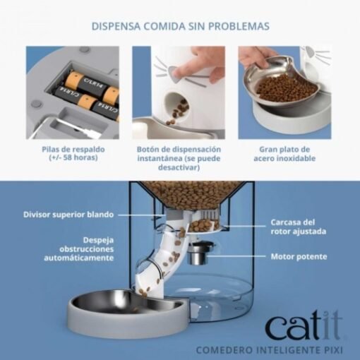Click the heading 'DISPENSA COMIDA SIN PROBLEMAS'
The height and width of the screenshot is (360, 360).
pos(181,26)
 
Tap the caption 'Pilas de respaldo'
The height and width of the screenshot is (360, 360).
pos(73,150)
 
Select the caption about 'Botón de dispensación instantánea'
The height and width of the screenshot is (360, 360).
pos(179,158)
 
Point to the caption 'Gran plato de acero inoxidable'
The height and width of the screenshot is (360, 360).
pos(284,154)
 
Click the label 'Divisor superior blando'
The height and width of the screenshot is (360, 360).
pos(68,215)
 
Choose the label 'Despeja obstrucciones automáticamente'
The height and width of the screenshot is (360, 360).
pos(79,249)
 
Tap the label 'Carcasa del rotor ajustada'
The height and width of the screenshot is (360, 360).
pos(299,227)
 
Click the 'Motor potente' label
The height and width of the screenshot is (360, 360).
pos(299,256)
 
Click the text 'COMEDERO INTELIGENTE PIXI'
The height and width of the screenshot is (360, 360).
pos(269,350)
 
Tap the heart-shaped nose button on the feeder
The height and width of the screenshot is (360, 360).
pos(174,73)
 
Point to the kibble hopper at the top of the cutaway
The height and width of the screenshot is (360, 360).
pos(191,195)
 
